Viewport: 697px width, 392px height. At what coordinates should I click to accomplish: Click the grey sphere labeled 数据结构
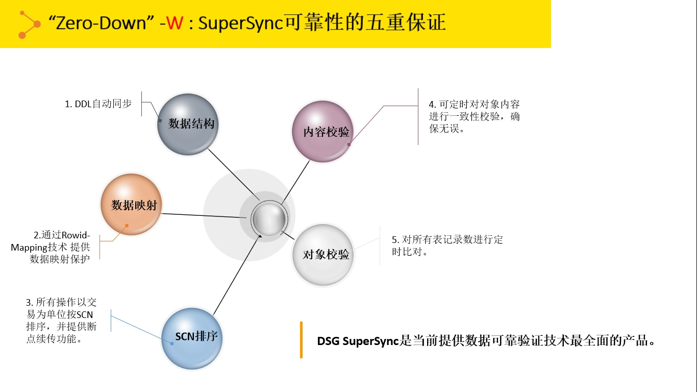[x=188, y=124]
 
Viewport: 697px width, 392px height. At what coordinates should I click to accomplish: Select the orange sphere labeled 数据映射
[x=131, y=204]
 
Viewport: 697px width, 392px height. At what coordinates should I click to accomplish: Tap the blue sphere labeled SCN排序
[x=192, y=338]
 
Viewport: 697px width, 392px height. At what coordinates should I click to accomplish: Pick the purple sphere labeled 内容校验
[x=322, y=131]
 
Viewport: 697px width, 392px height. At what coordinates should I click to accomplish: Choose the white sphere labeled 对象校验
[x=323, y=255]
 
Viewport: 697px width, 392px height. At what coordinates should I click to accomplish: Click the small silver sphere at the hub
[x=269, y=218]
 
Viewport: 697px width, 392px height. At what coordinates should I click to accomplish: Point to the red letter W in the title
[x=175, y=23]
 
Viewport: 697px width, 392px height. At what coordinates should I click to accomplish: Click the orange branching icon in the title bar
[x=29, y=24]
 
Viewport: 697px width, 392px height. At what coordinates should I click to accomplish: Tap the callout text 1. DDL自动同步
[x=98, y=104]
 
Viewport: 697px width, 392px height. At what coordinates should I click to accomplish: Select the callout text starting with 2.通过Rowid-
[x=51, y=247]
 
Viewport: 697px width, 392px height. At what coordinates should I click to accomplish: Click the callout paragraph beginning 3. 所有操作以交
[x=61, y=321]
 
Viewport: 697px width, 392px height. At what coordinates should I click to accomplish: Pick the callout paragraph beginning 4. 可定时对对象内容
[x=474, y=116]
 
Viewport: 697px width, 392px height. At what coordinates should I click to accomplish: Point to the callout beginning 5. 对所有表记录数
[x=447, y=246]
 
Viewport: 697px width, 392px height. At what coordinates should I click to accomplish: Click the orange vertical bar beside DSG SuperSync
[x=301, y=340]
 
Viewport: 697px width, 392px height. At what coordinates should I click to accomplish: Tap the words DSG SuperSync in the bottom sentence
[x=358, y=341]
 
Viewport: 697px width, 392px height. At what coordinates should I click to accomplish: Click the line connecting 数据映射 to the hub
[x=204, y=215]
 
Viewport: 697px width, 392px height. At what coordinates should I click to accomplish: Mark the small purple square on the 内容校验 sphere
[x=349, y=144]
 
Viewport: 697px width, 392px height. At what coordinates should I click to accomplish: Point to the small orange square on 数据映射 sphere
[x=127, y=226]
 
